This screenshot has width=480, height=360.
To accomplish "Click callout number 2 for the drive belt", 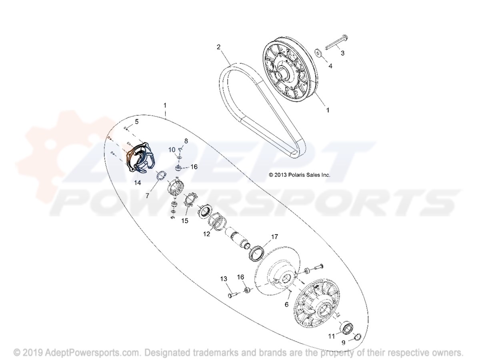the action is (218, 47).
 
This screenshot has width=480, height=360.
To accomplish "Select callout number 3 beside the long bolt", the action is (342, 53).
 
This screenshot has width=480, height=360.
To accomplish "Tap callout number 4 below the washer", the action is (330, 66).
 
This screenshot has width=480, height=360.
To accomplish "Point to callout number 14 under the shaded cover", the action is (138, 182).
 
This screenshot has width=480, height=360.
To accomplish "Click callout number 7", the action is (147, 196).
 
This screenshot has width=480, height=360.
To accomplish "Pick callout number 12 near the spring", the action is (206, 234).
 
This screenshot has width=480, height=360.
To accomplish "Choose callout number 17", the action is (274, 237).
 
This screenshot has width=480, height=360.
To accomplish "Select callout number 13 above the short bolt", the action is (224, 279).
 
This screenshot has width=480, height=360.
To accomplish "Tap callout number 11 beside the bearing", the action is (332, 336).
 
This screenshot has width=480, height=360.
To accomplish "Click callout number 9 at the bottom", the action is (343, 342).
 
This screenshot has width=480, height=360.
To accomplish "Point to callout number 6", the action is (286, 304).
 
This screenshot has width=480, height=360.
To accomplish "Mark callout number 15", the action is (184, 221).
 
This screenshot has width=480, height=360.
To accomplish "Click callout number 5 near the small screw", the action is (137, 122).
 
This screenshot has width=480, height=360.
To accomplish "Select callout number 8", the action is (186, 141).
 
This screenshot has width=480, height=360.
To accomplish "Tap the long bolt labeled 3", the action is (336, 43).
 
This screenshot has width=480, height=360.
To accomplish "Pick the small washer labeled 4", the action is (318, 53).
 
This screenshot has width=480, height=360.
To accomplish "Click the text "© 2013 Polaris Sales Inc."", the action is (299, 175).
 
